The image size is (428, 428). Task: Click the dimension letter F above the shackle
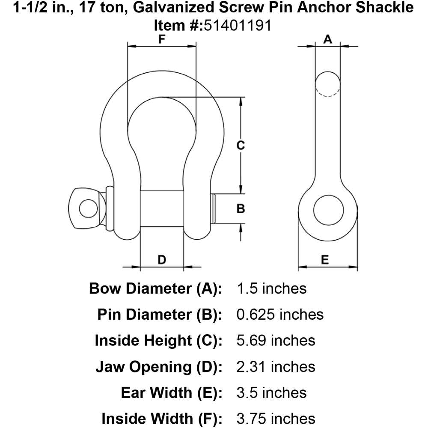pos(162,40)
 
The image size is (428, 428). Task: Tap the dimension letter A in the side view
pos(327,39)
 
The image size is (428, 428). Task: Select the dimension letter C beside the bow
pos(241,145)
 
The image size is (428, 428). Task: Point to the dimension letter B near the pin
pos(241,209)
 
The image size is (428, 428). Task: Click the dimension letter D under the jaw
pos(162,259)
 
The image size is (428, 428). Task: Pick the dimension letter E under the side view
pos(325,259)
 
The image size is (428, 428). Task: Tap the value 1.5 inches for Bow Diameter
pos(271,288)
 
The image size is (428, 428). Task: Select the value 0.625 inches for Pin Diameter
pos(280,315)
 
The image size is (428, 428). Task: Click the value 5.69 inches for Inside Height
pos(276,341)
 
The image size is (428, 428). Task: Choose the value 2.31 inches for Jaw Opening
pos(276,367)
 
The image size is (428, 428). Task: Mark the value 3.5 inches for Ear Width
pos(271,393)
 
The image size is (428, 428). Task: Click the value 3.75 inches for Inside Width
pos(276,419)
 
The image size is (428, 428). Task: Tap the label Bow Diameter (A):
pos(155,288)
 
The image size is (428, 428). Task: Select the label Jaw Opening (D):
pos(158,367)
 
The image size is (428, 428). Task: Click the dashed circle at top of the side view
pos(328,84)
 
